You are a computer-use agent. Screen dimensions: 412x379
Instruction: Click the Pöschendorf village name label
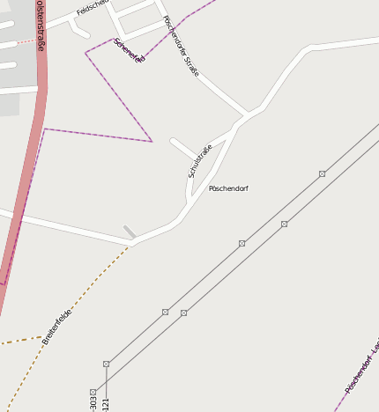[228, 188]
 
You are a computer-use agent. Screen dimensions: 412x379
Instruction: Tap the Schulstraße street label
[200, 161]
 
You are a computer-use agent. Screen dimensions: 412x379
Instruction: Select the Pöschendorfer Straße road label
[182, 46]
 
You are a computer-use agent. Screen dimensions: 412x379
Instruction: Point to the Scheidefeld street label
[129, 50]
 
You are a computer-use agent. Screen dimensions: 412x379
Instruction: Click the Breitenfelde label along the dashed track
[57, 326]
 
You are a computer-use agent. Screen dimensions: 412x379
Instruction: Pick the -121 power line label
[107, 405]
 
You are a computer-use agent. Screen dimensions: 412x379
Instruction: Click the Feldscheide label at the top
[91, 8]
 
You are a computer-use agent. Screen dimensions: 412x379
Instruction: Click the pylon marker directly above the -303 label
[93, 393]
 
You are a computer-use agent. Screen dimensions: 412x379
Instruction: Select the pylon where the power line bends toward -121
[107, 364]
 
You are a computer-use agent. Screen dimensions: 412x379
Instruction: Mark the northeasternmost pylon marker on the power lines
[323, 173]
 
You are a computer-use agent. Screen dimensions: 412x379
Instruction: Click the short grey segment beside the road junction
[130, 232]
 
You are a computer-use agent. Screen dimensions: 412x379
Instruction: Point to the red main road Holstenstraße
[26, 176]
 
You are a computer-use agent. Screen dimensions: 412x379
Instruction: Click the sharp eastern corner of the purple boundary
[152, 141]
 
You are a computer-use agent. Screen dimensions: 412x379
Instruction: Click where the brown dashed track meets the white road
[130, 246]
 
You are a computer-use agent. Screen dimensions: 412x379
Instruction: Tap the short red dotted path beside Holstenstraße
[26, 41]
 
